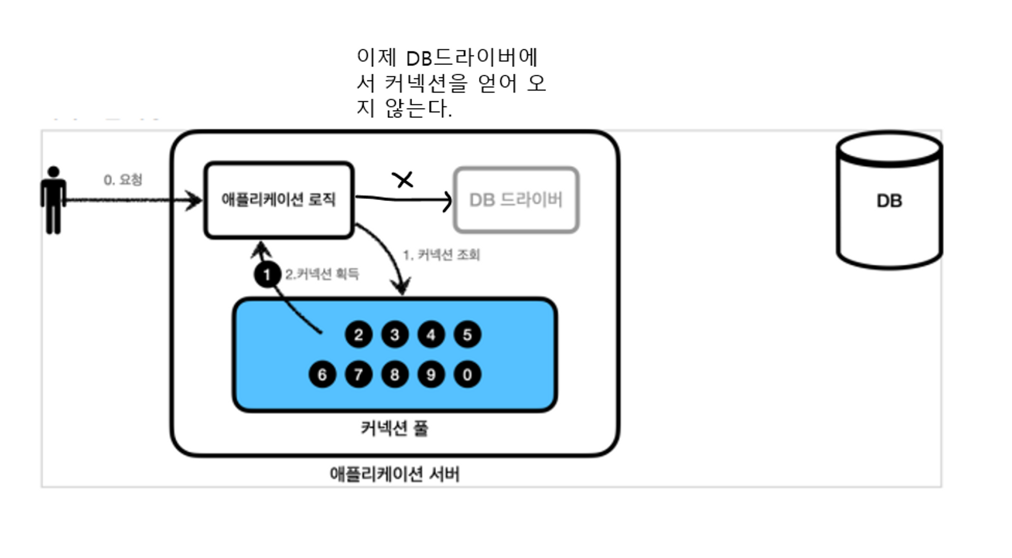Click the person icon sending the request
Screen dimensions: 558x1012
tap(53, 200)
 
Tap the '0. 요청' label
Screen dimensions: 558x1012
tap(123, 180)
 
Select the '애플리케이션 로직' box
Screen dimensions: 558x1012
tap(279, 200)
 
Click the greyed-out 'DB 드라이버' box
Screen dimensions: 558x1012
tap(516, 200)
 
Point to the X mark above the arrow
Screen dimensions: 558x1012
tap(403, 180)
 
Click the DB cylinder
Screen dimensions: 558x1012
tap(889, 201)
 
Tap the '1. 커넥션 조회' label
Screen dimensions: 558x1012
tap(441, 255)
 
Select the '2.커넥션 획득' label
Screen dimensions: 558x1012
tap(322, 274)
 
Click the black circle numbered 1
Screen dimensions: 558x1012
tap(267, 275)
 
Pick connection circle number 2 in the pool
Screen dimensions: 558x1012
tap(358, 335)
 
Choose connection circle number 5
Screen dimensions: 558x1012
tap(467, 335)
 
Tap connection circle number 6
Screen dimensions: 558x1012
tap(322, 375)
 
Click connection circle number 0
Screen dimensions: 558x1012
tap(467, 375)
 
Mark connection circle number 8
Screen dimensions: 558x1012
tap(394, 375)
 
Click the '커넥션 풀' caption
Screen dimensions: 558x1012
tap(394, 428)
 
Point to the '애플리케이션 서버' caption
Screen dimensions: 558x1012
tap(394, 474)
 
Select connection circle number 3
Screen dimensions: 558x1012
tap(394, 335)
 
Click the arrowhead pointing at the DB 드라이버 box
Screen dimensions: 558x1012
tap(448, 201)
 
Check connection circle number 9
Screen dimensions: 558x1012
tap(431, 375)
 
